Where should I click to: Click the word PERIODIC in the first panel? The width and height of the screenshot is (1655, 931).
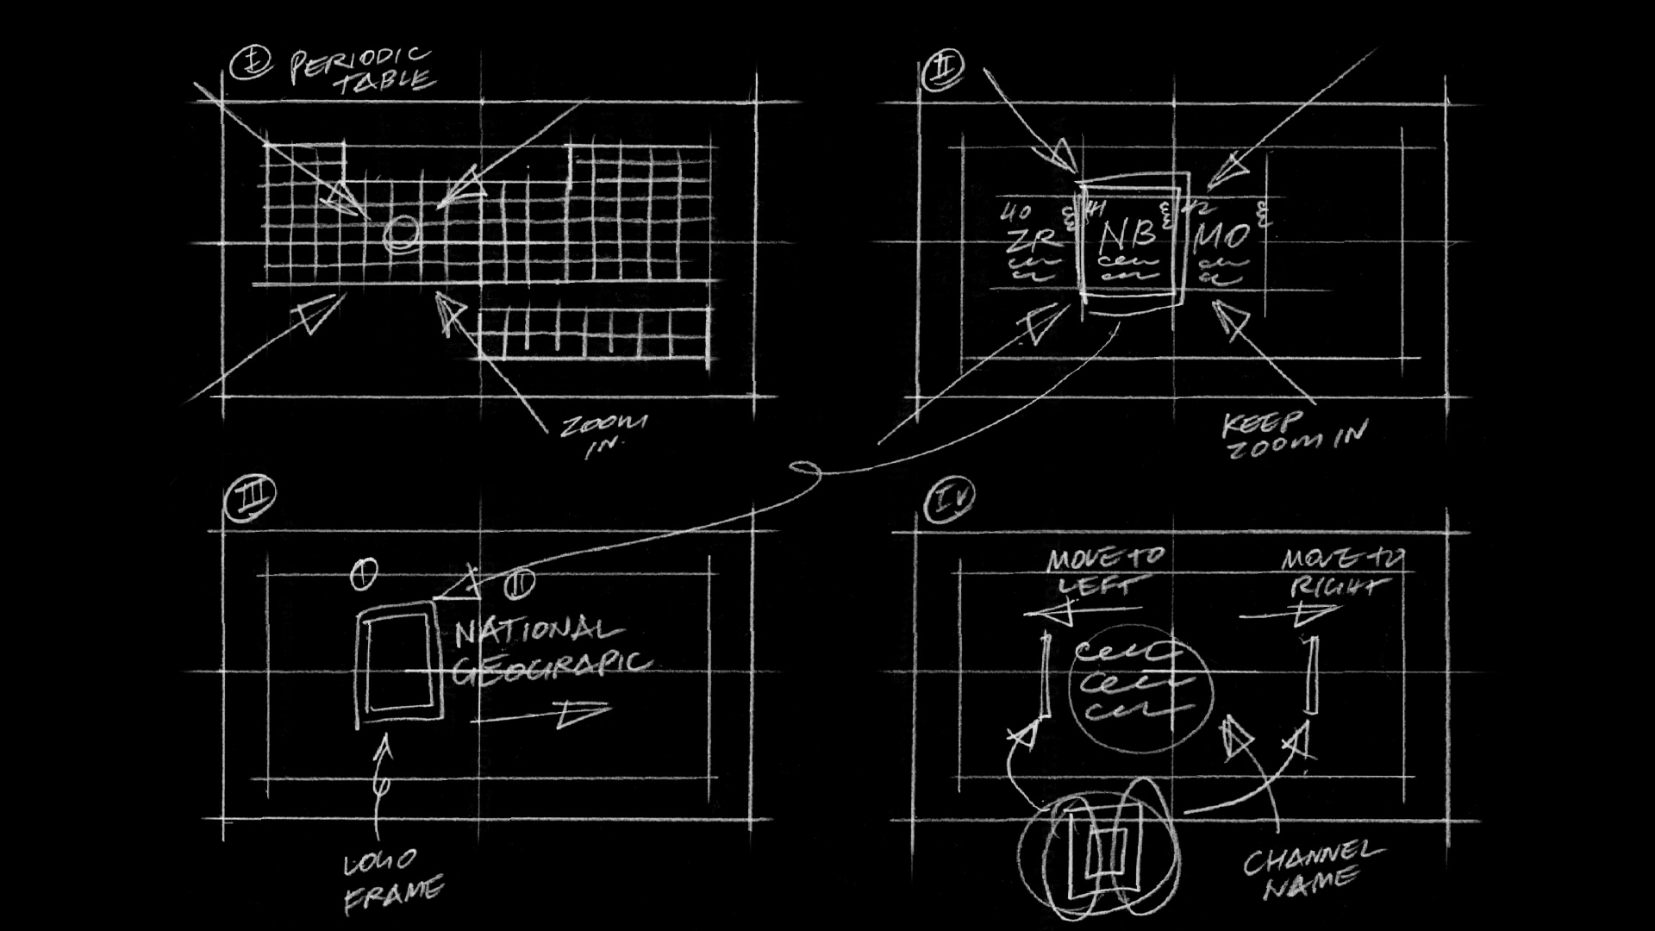tap(359, 62)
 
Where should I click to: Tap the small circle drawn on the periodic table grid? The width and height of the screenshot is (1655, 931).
tap(401, 232)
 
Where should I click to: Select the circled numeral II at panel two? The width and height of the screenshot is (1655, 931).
tap(943, 69)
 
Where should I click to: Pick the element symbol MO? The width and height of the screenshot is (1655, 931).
tap(1222, 236)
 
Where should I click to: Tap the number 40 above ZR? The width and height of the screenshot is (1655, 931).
tap(1015, 212)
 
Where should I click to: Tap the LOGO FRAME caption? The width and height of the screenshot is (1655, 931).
tap(393, 881)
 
